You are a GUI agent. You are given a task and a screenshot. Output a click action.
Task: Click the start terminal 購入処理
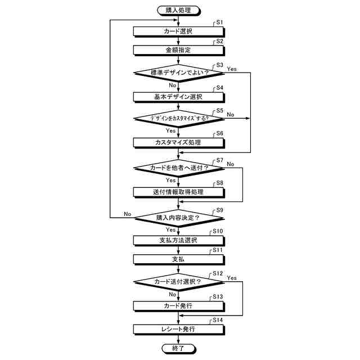tap(178, 10)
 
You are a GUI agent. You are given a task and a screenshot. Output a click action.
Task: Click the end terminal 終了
tap(178, 349)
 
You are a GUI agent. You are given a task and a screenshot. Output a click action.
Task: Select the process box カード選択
tap(178, 31)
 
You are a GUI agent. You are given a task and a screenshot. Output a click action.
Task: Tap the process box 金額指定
tap(178, 50)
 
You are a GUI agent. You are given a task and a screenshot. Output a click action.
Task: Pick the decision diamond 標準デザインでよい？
tap(178, 73)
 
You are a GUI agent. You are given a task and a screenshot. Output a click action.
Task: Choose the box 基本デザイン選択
tap(178, 97)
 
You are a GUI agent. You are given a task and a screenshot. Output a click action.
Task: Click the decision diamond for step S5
tap(178, 119)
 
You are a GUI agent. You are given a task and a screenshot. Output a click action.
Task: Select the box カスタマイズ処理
tap(178, 143)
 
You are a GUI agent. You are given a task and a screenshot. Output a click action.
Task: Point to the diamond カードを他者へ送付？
tap(178, 168)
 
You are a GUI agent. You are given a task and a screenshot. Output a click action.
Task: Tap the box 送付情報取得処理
tap(178, 192)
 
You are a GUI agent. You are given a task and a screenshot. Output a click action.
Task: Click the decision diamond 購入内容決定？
tap(178, 217)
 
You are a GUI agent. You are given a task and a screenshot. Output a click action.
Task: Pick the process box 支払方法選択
tap(178, 241)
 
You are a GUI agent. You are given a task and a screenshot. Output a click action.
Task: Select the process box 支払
tap(178, 259)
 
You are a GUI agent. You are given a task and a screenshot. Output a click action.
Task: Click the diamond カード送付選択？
tap(178, 282)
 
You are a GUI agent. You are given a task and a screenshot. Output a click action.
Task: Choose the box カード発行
tap(178, 305)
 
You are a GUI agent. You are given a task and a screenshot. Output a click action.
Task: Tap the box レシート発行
tap(178, 329)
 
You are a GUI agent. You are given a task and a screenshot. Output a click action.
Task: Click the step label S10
tap(217, 231)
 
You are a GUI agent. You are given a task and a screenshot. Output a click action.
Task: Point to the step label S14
tap(217, 319)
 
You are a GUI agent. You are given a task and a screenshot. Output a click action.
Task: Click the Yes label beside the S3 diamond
tap(232, 69)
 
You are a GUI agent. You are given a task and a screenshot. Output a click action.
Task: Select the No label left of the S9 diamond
tap(127, 214)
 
